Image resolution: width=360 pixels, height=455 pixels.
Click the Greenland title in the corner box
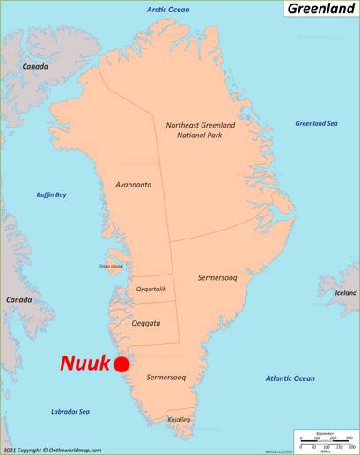point(320,9)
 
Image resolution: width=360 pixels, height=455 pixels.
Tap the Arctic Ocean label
point(167,10)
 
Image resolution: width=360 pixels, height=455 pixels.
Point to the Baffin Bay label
point(52,194)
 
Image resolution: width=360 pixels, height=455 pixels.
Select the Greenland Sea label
point(316,123)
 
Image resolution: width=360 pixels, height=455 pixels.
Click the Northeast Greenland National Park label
point(200,131)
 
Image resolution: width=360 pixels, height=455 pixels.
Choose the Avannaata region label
point(133,185)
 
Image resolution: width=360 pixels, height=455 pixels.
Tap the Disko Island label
point(110,267)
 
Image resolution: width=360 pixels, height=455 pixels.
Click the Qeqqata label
point(146,323)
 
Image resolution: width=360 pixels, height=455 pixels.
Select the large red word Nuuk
point(84,363)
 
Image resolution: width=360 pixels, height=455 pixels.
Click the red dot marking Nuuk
point(121,364)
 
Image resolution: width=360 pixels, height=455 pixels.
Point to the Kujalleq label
point(180,419)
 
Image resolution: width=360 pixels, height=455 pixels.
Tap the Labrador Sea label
point(70,412)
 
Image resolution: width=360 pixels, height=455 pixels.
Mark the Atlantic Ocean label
point(290,378)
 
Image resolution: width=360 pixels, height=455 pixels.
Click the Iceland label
point(346,292)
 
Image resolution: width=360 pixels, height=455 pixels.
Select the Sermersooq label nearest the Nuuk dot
point(166,377)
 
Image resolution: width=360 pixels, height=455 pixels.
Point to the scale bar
point(325,442)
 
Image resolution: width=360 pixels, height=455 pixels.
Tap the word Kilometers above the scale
point(325,433)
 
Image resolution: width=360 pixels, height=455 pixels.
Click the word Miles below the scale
point(325,451)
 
